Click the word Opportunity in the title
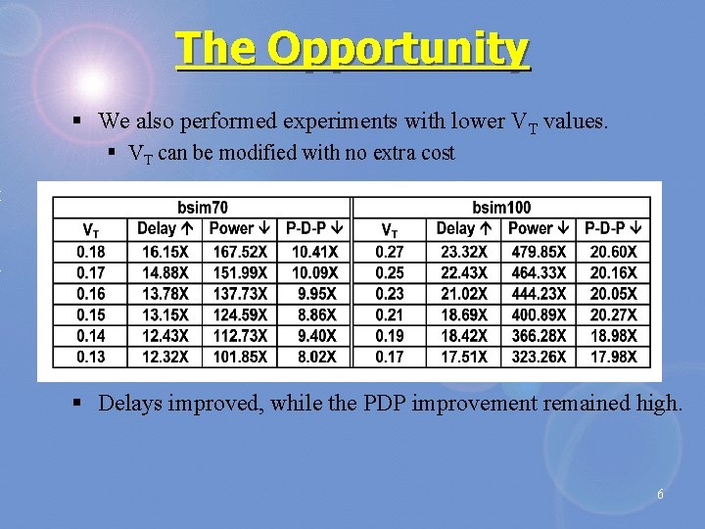pos(398,49)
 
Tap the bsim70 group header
pos(203,208)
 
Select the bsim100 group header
pos(501,208)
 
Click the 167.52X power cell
pos(239,252)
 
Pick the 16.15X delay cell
pos(164,252)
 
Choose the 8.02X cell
pos(314,357)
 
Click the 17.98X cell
pos(613,357)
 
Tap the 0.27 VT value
pos(389,252)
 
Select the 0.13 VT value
pos(90,357)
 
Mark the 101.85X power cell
pos(239,357)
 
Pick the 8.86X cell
pos(314,314)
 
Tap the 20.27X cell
pos(613,314)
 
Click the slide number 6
pos(660,495)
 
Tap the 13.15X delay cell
pos(164,314)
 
